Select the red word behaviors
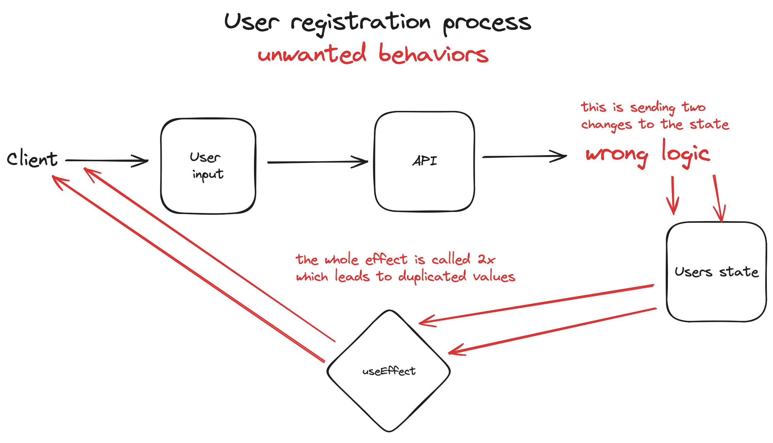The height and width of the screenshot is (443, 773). [x=433, y=54]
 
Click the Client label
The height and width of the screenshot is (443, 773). [x=32, y=159]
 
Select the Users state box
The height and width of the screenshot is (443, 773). [x=716, y=299]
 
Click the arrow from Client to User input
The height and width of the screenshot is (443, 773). [x=106, y=161]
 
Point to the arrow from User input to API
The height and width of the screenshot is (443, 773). [x=317, y=162]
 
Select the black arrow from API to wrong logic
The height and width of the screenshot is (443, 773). [x=524, y=157]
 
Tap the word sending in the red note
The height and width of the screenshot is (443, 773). [x=652, y=108]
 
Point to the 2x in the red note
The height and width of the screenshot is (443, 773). [x=486, y=260]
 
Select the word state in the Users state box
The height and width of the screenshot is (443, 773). [x=739, y=272]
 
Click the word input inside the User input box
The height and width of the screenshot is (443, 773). [x=208, y=175]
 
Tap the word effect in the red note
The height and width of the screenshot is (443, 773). [x=386, y=260]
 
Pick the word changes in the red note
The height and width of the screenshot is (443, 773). [x=606, y=125]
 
